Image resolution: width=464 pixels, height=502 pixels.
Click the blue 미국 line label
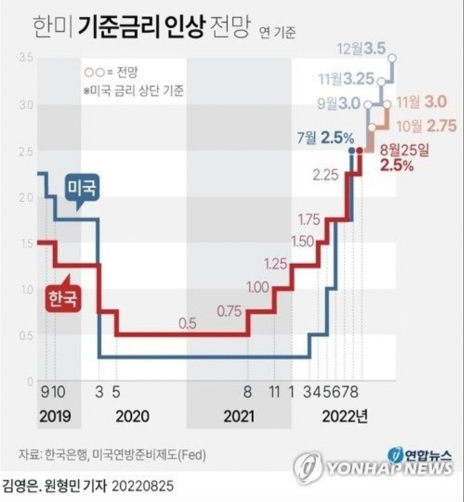click(x=81, y=187)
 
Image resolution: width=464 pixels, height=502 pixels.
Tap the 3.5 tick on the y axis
click(x=26, y=57)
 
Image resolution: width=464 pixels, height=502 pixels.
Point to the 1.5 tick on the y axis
click(x=26, y=243)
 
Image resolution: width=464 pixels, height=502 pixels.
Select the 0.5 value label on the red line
click(x=188, y=322)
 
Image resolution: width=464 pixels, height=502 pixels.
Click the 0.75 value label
click(x=229, y=311)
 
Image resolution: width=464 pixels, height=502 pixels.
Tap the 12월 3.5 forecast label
click(x=361, y=50)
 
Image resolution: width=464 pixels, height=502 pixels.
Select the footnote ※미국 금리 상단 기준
click(x=133, y=91)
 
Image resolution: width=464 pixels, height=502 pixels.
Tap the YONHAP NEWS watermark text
click(x=387, y=470)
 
